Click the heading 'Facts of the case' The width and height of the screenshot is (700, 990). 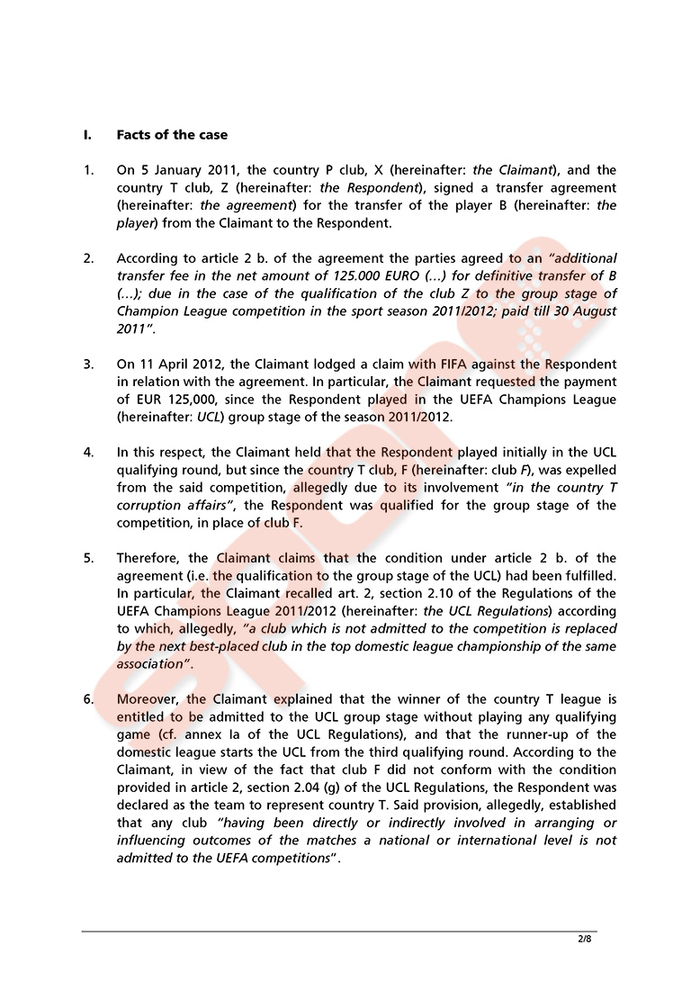172,135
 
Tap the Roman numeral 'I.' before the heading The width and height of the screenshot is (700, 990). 87,135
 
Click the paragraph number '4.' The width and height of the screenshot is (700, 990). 88,452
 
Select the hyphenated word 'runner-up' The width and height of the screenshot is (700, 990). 542,734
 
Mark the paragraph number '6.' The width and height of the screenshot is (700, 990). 88,699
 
